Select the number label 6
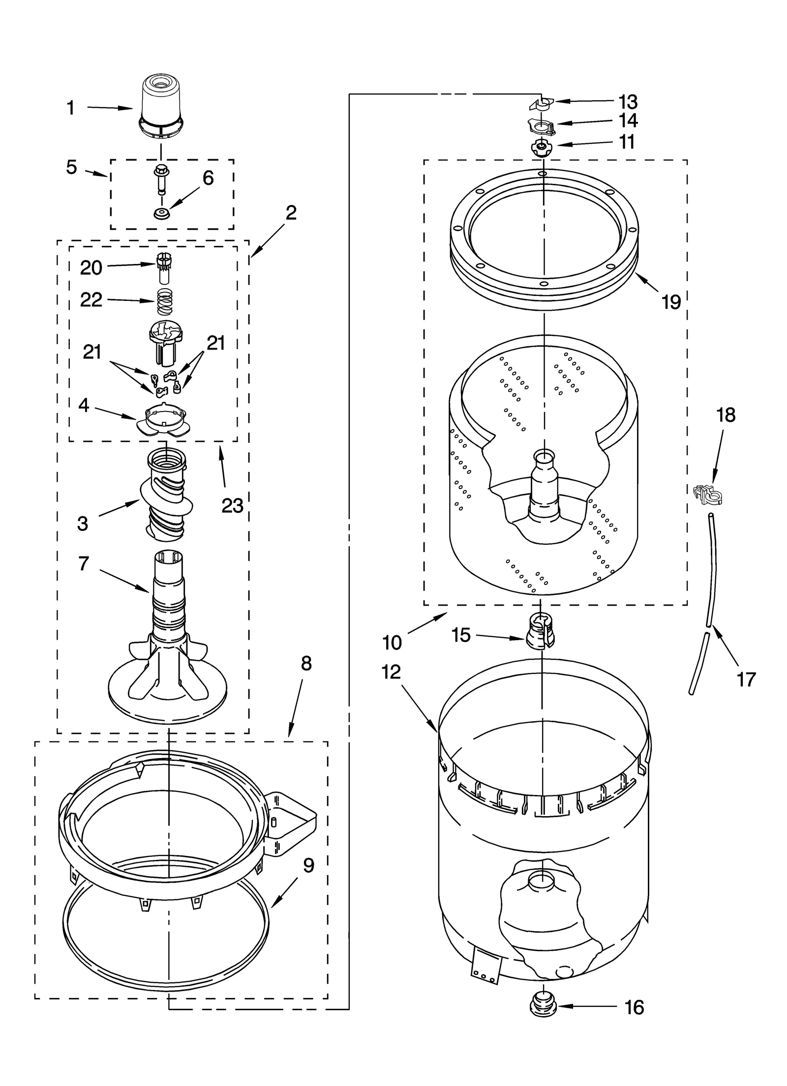pyautogui.click(x=208, y=178)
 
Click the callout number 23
pyautogui.click(x=232, y=505)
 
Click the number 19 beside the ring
pyautogui.click(x=671, y=302)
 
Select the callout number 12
pyautogui.click(x=391, y=672)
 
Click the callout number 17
pyautogui.click(x=746, y=680)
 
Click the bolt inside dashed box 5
pyautogui.click(x=160, y=179)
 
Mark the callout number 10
pyautogui.click(x=392, y=642)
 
